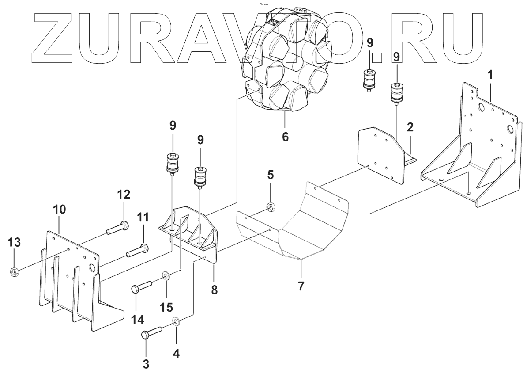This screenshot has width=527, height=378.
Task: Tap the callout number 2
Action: click(x=410, y=129)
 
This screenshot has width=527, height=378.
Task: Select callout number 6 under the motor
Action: click(x=285, y=137)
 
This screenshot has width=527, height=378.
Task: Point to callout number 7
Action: click(x=301, y=286)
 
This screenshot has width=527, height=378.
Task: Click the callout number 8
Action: click(x=215, y=290)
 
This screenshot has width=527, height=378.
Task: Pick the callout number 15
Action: click(x=166, y=306)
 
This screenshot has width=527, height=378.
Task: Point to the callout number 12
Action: click(x=123, y=194)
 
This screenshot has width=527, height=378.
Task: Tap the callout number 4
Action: click(x=177, y=353)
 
